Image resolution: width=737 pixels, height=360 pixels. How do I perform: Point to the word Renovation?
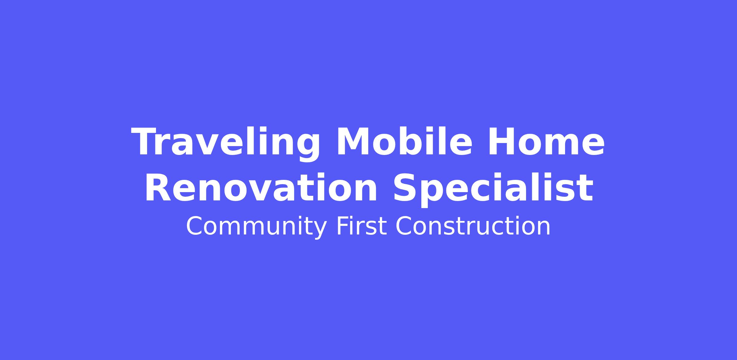tap(261, 188)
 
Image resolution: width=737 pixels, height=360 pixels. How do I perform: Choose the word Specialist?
tap(493, 188)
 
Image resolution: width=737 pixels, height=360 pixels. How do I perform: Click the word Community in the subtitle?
tap(256, 227)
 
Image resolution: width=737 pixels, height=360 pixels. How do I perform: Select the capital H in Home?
tap(502, 141)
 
